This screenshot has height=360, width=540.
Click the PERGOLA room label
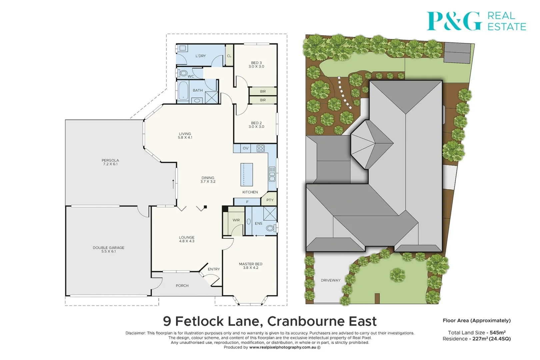(x=110, y=160)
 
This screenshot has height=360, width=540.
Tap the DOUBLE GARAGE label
(x=108, y=248)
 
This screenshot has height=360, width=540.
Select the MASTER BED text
(x=250, y=264)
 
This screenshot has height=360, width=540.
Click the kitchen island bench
(x=247, y=174)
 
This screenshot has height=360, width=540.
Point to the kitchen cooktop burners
(x=261, y=148)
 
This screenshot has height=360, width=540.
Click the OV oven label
(x=245, y=148)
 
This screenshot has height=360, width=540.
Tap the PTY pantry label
(x=270, y=200)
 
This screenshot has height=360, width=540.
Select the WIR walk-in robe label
(x=236, y=220)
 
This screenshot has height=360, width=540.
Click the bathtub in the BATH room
(x=183, y=91)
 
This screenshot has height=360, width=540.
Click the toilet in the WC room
(x=183, y=73)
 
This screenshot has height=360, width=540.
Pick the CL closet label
(x=229, y=56)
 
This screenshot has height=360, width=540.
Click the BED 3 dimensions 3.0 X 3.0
(x=256, y=67)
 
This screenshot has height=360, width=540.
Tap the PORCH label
(x=182, y=286)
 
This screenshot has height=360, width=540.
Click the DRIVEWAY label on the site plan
(x=330, y=280)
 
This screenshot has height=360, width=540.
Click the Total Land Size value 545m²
(x=497, y=333)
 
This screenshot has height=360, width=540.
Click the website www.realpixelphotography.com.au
(x=282, y=347)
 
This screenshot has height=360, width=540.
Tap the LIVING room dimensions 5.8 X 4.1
(x=185, y=137)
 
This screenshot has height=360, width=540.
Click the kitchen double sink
(x=272, y=174)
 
